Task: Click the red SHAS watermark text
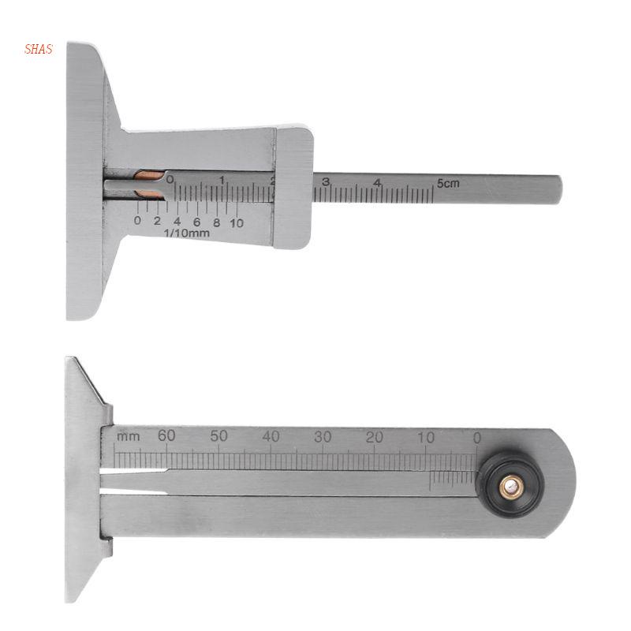(39, 50)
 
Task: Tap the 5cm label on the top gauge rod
(447, 183)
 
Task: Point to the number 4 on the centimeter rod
(378, 182)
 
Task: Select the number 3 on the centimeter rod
(326, 182)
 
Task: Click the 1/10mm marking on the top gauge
(185, 233)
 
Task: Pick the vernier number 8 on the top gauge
(216, 222)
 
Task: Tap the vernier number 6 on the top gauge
(196, 222)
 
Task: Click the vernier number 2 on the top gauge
(157, 222)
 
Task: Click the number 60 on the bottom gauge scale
(166, 435)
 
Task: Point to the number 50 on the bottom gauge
(218, 435)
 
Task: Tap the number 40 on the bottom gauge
(271, 435)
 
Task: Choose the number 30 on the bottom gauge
(323, 435)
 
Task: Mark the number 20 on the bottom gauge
(375, 435)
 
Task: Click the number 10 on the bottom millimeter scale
(426, 435)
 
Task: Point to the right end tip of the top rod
(560, 189)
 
